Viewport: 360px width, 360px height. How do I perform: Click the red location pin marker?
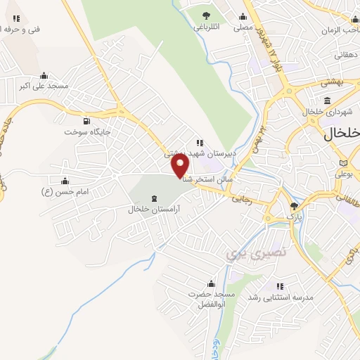180,165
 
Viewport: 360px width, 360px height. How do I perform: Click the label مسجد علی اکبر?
44,86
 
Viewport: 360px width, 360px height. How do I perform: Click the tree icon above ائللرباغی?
206,15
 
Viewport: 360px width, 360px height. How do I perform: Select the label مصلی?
243,27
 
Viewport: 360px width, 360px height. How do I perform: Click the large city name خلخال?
342,133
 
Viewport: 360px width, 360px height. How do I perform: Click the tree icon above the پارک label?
294,206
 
